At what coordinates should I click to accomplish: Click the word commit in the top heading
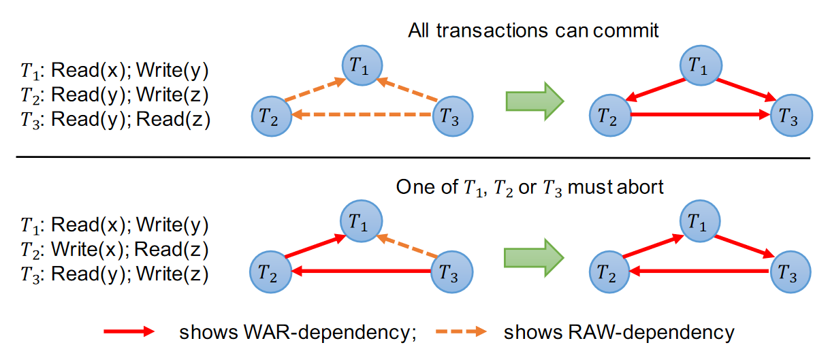626,31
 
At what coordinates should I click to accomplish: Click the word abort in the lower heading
640,187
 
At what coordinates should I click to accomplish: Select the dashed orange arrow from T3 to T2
362,114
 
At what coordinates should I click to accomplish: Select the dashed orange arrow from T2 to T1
315,89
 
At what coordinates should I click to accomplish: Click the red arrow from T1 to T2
655,90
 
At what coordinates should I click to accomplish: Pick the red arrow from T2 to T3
701,114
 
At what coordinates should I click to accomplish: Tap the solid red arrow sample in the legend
129,331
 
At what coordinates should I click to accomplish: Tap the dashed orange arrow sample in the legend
461,331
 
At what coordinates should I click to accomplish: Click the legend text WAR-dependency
330,332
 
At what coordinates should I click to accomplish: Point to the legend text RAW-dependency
651,332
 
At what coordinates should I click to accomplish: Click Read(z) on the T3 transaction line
174,119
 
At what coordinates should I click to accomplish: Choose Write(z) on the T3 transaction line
172,274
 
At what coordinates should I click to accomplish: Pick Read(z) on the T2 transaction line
171,250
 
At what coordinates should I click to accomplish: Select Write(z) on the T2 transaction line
172,95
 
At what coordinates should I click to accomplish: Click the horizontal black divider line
413,158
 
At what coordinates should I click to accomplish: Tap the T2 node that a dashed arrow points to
272,116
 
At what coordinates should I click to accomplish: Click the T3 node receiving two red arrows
791,116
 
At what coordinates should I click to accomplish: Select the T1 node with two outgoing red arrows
701,65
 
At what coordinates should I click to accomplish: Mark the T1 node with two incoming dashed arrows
362,65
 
